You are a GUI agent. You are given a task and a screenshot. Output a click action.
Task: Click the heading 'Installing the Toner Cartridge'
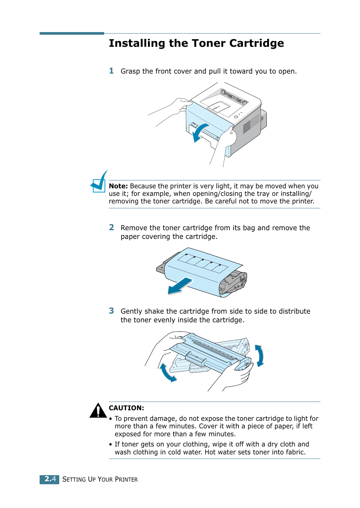coord(196,43)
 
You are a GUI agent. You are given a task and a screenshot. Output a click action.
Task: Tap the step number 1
coord(111,71)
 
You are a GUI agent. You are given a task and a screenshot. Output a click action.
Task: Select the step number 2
coord(111,227)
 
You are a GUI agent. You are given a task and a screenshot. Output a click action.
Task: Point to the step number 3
coord(111,311)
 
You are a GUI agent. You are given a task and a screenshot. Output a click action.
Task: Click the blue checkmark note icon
coord(99,183)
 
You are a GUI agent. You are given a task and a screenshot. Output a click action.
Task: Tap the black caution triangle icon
coord(98,411)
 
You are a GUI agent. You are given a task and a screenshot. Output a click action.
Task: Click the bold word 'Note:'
coord(118,186)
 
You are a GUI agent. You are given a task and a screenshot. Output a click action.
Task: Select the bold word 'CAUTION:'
coord(126,408)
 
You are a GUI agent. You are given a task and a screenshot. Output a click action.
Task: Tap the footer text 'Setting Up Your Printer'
coord(100,479)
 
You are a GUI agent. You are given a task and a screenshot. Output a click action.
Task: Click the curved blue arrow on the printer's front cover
coord(199,132)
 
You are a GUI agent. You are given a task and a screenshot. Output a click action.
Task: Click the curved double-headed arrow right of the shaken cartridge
coord(259,356)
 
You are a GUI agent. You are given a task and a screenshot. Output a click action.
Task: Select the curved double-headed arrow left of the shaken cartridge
coord(167,373)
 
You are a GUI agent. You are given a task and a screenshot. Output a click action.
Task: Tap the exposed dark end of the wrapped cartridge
coord(234,283)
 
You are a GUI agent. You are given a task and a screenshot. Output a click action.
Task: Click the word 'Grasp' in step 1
coord(130,71)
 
